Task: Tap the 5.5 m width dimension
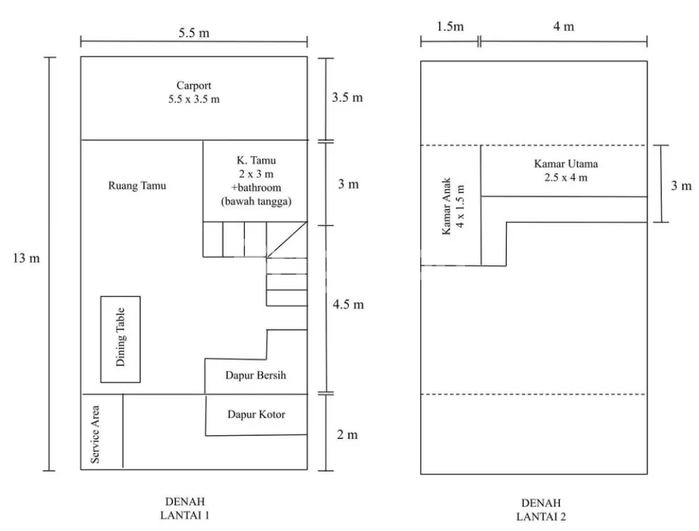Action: point(194,33)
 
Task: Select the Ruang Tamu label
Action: point(138,186)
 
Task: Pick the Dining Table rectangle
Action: point(120,339)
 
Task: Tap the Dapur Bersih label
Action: point(255,375)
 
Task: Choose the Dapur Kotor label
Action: point(256,414)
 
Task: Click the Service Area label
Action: point(96,434)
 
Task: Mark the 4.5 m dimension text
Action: point(348,305)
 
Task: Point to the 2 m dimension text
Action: point(347,435)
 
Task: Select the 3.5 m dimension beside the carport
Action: point(347,97)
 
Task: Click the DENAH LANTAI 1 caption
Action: point(186,509)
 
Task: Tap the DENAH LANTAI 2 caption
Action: point(541,510)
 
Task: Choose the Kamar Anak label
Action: point(451,208)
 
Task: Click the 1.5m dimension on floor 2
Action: point(449,27)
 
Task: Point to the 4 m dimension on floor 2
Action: point(563,27)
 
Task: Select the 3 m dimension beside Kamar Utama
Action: point(681,185)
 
